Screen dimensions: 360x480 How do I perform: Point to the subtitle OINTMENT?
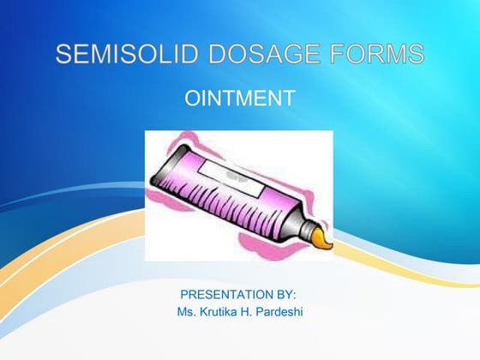pos(240,99)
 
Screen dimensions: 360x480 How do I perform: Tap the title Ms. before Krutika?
pos(187,311)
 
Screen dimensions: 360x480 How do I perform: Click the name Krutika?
pos(221,311)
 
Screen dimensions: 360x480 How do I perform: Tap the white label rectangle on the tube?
pos(225,177)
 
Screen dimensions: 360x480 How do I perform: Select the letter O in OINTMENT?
pos(192,99)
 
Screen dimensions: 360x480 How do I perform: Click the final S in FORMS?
pos(417,56)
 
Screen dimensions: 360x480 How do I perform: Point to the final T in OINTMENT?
pos(289,99)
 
